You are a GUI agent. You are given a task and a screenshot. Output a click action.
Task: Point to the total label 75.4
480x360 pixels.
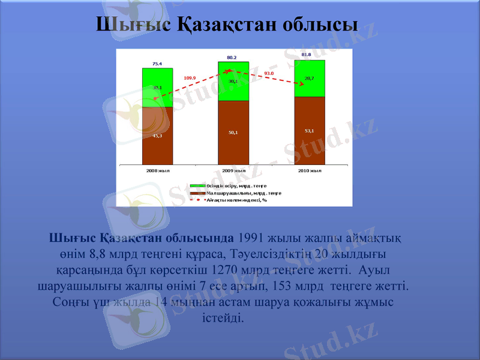(x=157, y=63)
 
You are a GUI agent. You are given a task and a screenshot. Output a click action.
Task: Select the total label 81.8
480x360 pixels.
(x=306, y=55)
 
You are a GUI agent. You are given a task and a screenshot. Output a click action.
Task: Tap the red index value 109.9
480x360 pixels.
(x=190, y=78)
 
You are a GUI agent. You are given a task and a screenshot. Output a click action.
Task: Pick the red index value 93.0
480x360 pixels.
(x=269, y=73)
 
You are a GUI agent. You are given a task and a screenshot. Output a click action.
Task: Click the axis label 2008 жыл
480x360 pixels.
(x=158, y=171)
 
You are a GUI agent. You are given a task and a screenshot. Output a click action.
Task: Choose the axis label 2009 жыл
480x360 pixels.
(x=233, y=171)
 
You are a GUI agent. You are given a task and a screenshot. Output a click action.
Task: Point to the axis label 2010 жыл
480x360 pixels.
(x=310, y=171)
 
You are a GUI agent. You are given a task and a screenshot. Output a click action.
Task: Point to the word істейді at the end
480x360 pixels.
(x=223, y=317)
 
